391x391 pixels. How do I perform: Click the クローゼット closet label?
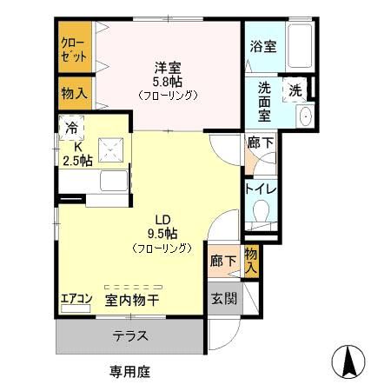tap(74, 50)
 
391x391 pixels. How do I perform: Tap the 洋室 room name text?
tap(169, 66)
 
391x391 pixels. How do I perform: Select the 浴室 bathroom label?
tap(263, 47)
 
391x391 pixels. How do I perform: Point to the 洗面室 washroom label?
tap(264, 101)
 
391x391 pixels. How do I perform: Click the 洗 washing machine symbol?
tap(295, 89)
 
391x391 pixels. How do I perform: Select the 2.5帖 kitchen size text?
tap(76, 159)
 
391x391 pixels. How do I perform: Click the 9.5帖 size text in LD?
tap(162, 233)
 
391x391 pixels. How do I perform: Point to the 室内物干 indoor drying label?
tap(132, 302)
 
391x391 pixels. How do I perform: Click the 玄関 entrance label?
tap(222, 298)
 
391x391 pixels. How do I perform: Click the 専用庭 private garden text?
tap(129, 372)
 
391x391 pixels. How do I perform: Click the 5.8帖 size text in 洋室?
tap(169, 82)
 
